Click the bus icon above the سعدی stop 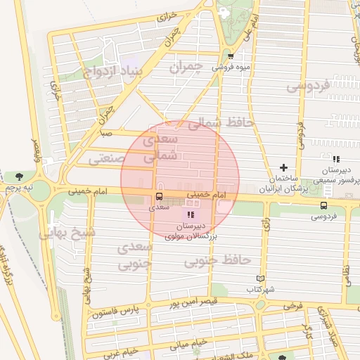coord(158,196)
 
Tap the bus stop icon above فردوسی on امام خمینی coord(323,205)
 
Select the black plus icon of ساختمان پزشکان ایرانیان coord(283,167)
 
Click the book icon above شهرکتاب coord(260,278)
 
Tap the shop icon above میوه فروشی coord(231,56)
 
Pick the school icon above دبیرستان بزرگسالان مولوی coord(191,214)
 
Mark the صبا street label coord(105,131)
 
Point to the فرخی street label coord(293,307)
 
